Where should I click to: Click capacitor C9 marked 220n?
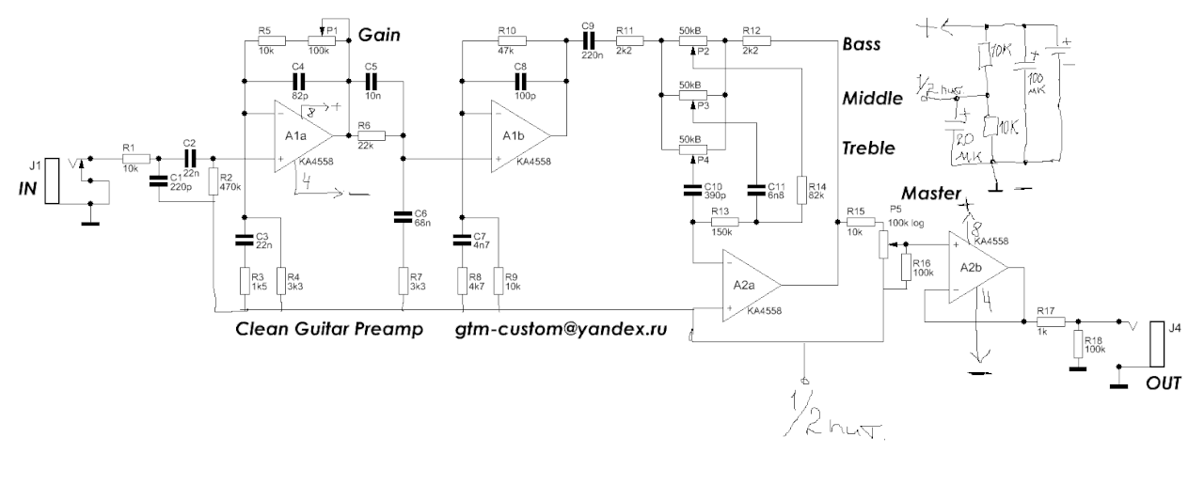(x=589, y=40)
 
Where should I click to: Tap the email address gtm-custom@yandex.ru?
(x=555, y=329)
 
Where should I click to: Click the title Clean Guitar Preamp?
(x=328, y=329)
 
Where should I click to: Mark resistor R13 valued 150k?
(x=726, y=222)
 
